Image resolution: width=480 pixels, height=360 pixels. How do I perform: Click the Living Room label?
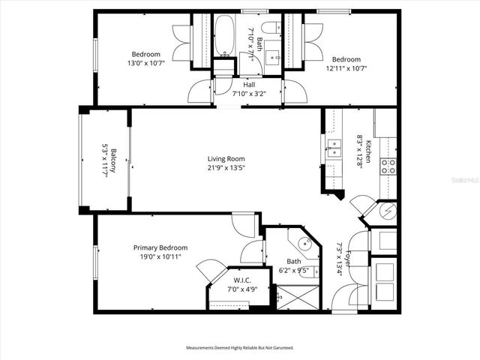[x=226, y=159]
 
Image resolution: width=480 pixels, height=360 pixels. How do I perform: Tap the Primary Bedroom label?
[x=160, y=247]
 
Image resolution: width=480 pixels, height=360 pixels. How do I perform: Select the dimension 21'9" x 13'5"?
[x=226, y=168]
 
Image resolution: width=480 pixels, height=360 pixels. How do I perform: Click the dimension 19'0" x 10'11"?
[x=160, y=256]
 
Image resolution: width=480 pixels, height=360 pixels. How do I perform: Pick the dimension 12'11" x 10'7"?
[x=346, y=68]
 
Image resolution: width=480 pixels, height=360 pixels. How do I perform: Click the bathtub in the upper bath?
[x=224, y=35]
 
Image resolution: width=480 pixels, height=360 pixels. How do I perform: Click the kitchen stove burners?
[x=388, y=166]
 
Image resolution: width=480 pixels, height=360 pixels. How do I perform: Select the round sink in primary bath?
[x=304, y=244]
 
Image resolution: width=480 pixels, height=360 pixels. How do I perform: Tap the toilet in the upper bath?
[x=269, y=30]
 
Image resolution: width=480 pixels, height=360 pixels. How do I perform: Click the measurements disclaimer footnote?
[x=240, y=348]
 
